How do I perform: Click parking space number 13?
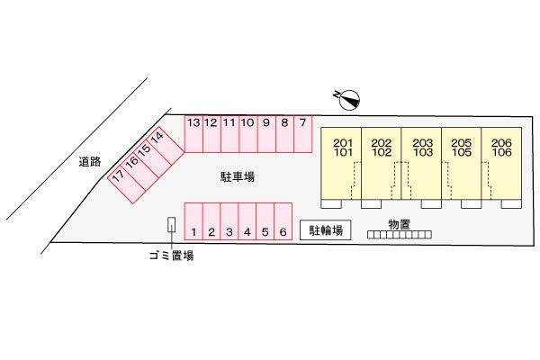point(193,134)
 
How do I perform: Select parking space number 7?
point(303,134)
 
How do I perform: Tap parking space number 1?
point(193,221)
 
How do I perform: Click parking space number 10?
point(248,134)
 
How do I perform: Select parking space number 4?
point(247,221)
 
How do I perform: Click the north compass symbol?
point(349,100)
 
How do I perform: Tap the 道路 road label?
point(90,161)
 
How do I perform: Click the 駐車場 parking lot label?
point(238,176)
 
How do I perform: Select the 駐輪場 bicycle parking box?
point(326,229)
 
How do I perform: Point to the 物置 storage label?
point(400,224)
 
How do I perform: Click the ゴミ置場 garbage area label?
point(172,256)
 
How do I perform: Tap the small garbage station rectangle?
point(171,224)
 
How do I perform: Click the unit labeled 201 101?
point(341,163)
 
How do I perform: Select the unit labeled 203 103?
point(421,163)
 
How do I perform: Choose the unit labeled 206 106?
point(501,163)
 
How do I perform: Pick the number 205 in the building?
point(461,142)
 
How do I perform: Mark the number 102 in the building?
point(382,152)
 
